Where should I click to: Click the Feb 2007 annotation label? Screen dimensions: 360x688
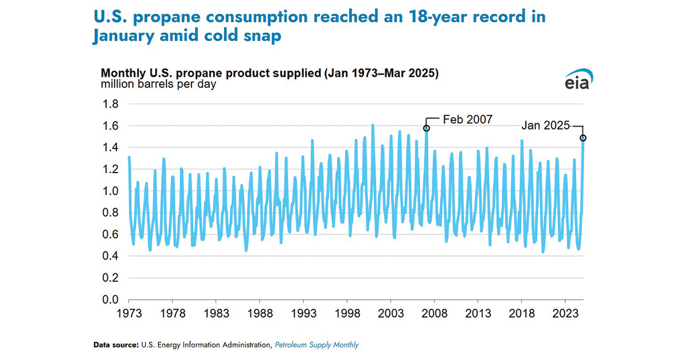pyautogui.click(x=467, y=120)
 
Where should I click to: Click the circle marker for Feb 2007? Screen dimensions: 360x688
pyautogui.click(x=427, y=128)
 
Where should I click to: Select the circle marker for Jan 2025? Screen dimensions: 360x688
pyautogui.click(x=583, y=138)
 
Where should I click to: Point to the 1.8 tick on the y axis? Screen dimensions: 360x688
pyautogui.click(x=110, y=104)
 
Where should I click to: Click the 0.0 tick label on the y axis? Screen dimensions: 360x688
pyautogui.click(x=110, y=299)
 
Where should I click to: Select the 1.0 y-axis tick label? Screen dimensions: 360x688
pyautogui.click(x=110, y=191)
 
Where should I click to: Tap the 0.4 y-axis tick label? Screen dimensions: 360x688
pyautogui.click(x=110, y=256)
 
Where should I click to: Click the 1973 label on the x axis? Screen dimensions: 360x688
pyautogui.click(x=129, y=314)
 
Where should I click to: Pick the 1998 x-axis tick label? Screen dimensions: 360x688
pyautogui.click(x=347, y=314)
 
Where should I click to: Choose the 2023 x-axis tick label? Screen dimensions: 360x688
pyautogui.click(x=565, y=314)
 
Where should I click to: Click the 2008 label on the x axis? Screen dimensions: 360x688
pyautogui.click(x=434, y=314)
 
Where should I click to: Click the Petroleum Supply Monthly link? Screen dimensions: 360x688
pyautogui.click(x=316, y=345)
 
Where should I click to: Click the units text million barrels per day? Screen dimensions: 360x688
pyautogui.click(x=159, y=85)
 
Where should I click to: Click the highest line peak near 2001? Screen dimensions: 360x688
pyautogui.click(x=373, y=125)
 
